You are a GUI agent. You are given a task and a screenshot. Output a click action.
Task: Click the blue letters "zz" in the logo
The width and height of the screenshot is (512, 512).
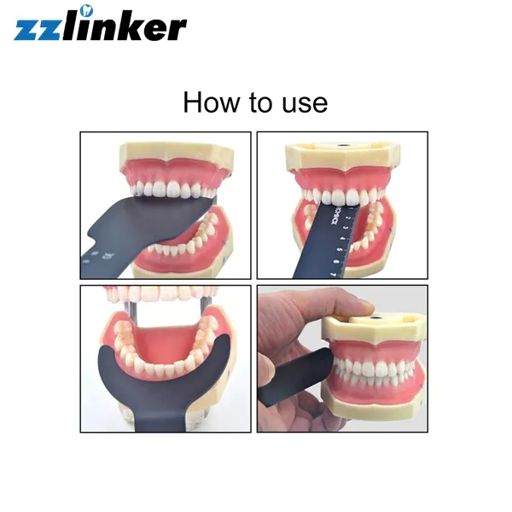[38, 28]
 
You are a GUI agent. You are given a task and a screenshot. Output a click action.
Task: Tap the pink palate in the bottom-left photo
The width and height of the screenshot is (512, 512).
[162, 337]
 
